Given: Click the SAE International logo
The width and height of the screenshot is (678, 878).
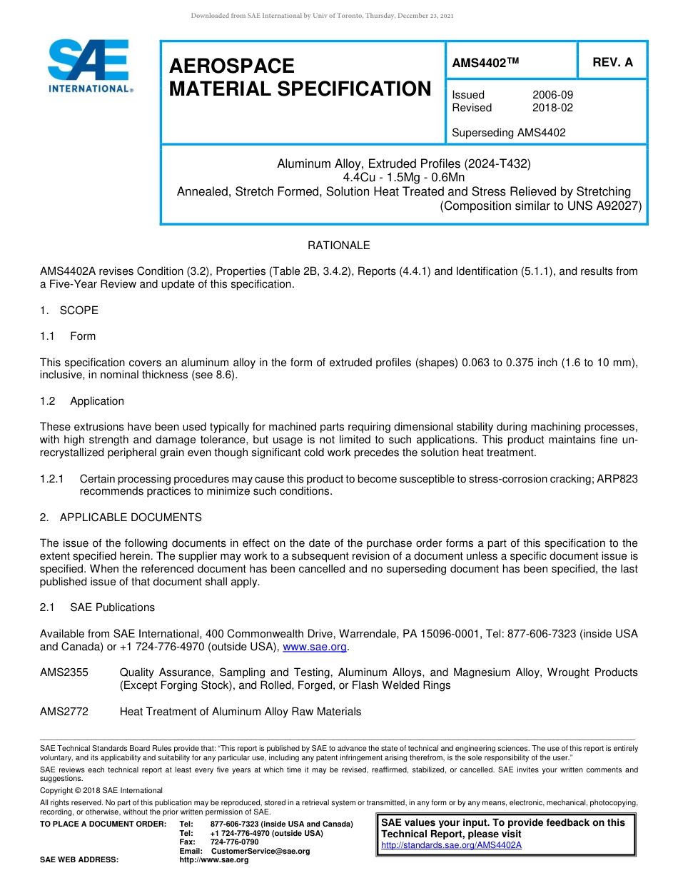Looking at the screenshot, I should click(89, 66).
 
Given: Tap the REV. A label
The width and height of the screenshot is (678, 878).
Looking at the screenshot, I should click(612, 62).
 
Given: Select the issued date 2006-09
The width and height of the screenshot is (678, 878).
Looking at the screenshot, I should click(552, 95).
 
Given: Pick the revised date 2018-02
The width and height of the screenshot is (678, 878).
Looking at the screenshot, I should click(552, 108).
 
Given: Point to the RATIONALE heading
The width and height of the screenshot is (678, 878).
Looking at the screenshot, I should click(338, 246).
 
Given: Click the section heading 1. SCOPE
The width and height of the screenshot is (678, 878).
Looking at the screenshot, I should click(69, 311).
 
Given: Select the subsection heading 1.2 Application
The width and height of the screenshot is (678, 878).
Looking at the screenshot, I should click(82, 401).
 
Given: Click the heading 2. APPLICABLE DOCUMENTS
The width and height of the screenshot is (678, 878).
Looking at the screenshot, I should click(121, 518).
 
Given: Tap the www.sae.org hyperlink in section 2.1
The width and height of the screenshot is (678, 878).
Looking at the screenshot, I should click(315, 647).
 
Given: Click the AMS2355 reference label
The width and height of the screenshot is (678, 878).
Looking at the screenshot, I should click(64, 672).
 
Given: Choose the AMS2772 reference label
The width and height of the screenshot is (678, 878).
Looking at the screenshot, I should click(64, 712).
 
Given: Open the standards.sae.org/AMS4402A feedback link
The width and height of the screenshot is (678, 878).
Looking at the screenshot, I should click(451, 845).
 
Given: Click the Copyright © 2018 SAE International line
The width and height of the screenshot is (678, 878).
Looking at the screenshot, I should click(101, 790).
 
